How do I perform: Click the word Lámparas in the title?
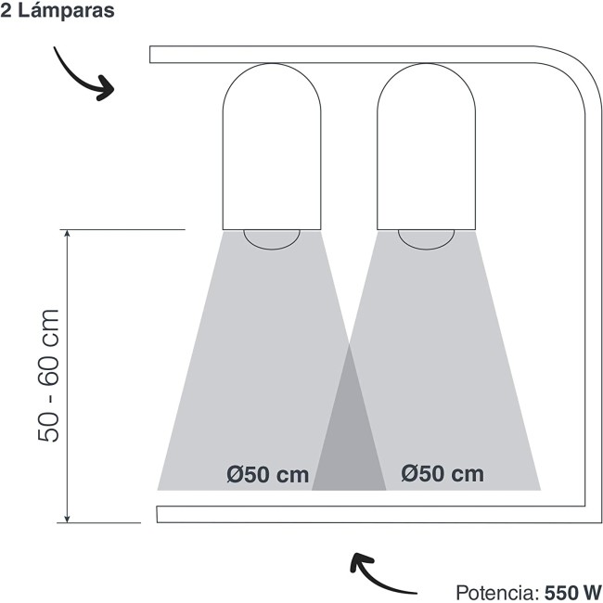click(66, 10)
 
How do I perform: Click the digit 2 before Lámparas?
click(6, 10)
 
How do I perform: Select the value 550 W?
click(573, 593)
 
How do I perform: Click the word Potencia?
click(498, 593)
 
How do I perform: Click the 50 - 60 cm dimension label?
click(49, 376)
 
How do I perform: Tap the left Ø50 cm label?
click(268, 475)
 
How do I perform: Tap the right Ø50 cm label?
click(443, 473)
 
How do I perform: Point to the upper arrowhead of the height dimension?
click(68, 234)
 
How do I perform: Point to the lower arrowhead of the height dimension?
click(67, 519)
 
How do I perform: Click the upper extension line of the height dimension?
click(122, 229)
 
